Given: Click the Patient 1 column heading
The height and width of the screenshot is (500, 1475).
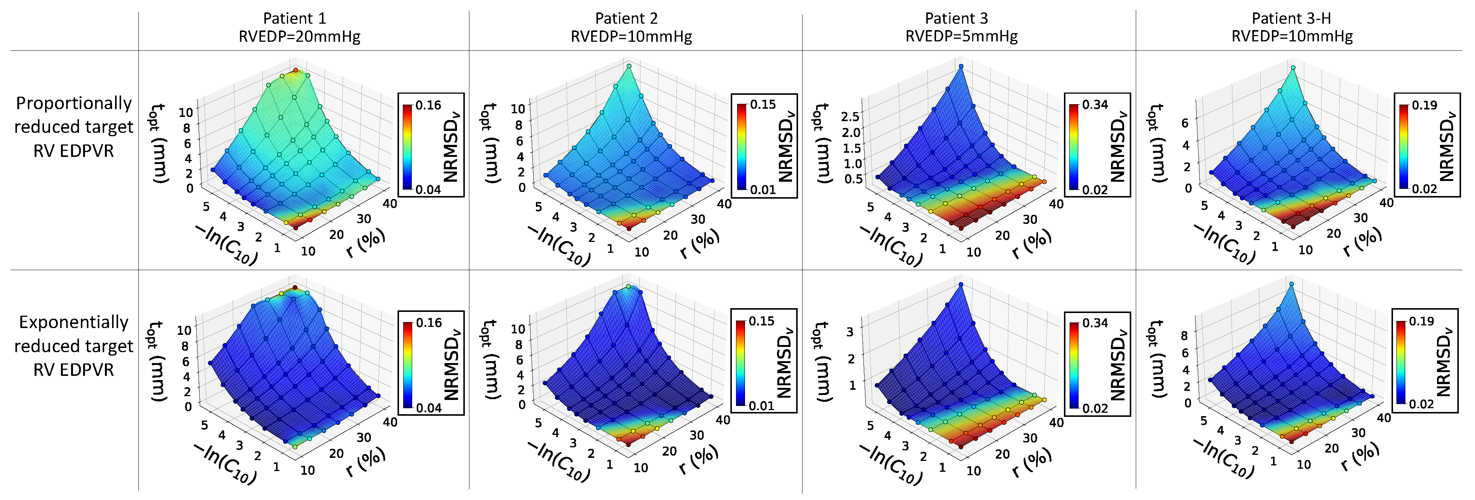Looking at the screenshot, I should [294, 18].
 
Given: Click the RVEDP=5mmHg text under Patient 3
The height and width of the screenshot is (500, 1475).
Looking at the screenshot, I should [961, 36].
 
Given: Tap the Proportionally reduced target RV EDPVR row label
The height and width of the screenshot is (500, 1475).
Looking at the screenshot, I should [73, 126].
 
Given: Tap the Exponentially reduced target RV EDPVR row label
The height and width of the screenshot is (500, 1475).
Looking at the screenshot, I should [73, 345].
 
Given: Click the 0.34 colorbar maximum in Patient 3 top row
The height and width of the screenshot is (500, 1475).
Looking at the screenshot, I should [1095, 105].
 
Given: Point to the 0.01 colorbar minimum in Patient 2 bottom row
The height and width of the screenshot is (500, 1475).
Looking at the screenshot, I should [762, 406].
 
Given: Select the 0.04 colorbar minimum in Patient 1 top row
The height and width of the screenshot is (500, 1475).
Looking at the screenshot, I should [428, 190].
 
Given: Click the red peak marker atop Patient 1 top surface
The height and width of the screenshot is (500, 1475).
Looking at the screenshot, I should [296, 70].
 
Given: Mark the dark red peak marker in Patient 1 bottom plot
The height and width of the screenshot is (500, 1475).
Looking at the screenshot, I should [295, 287].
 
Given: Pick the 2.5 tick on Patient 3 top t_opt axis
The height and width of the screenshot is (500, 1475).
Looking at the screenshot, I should [850, 117].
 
